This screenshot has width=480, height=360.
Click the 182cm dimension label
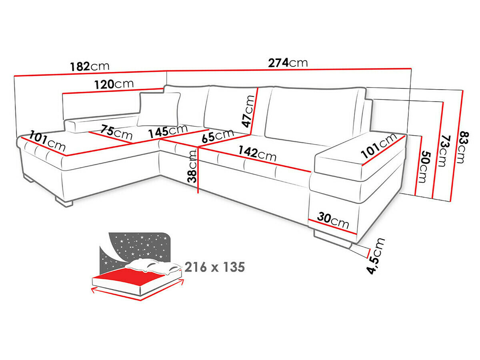coord(90,66)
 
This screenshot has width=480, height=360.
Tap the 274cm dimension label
coord(288,63)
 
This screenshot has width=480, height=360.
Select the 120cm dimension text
coord(114,84)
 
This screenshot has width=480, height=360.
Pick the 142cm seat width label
coord(257,154)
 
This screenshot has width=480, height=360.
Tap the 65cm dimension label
coord(218,136)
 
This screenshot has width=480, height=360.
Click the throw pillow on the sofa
coord(159,109)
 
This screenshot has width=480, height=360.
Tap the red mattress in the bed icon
coord(132,277)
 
